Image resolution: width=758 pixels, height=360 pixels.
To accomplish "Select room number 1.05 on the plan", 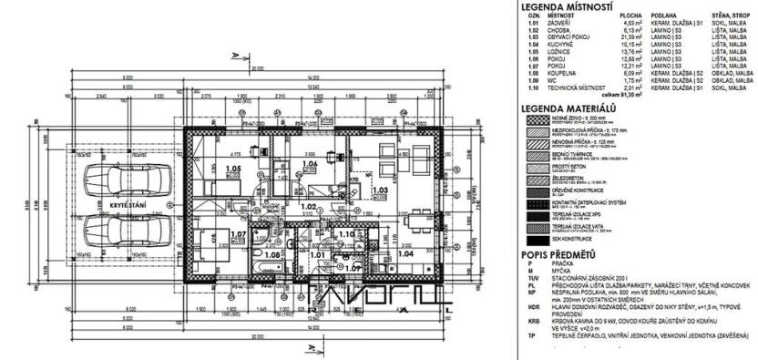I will tap(231, 170).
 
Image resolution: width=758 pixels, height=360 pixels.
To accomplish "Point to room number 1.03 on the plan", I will tap(381, 190).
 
